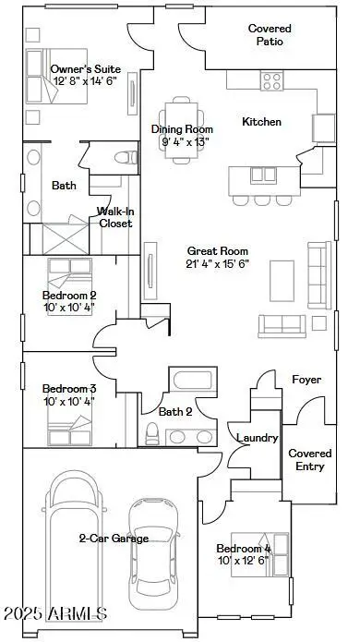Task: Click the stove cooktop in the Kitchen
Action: click(271, 81)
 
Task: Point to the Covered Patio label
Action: click(270, 35)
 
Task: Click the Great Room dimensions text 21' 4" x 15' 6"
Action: click(217, 263)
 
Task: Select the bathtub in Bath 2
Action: click(191, 381)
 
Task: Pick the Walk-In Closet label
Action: click(115, 217)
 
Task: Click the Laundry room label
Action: click(258, 438)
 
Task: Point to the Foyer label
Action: click(306, 380)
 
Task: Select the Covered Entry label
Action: click(309, 460)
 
